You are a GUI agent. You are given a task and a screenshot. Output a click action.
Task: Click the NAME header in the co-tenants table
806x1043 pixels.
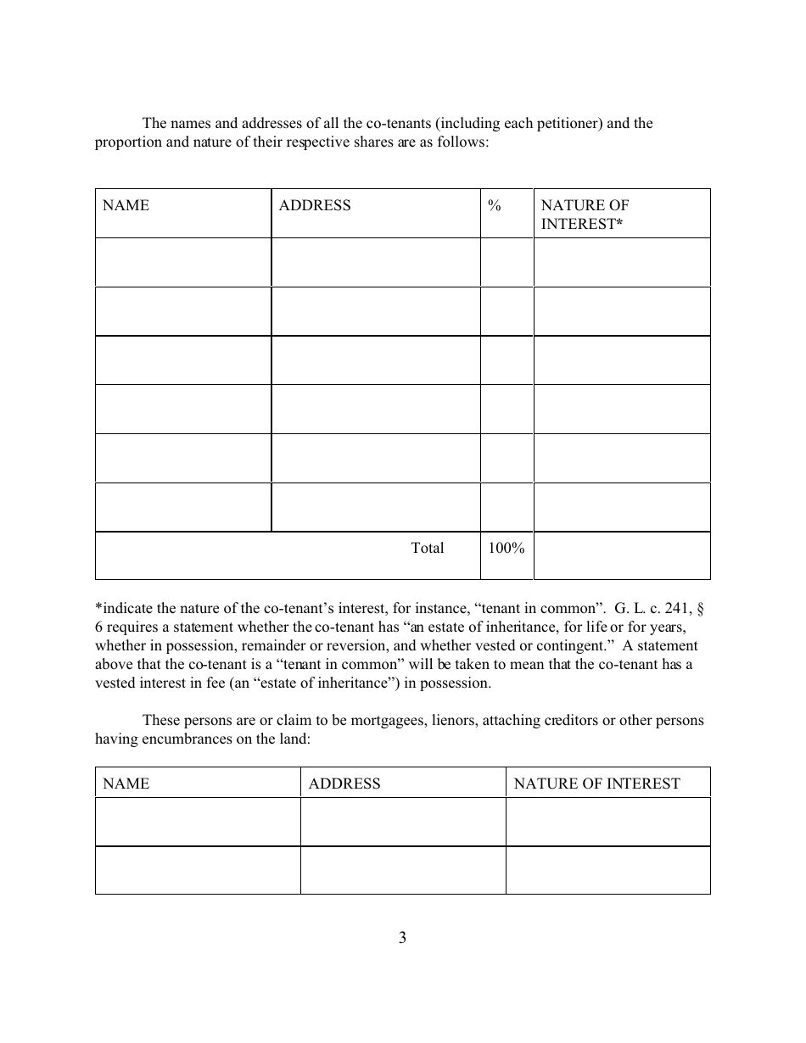click(126, 205)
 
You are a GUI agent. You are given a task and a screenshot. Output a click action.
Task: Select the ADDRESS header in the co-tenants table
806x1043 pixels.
click(315, 205)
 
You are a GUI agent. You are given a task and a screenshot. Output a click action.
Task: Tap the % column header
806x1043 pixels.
click(495, 205)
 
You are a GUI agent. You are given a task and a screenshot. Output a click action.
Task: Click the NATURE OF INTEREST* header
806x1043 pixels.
click(585, 215)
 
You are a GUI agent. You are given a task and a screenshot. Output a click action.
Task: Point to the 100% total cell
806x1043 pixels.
click(507, 548)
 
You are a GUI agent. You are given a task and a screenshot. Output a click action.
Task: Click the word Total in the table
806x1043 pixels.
click(428, 548)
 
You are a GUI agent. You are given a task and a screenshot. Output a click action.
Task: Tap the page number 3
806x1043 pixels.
click(402, 938)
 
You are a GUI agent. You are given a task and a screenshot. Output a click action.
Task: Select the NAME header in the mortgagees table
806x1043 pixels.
click(126, 784)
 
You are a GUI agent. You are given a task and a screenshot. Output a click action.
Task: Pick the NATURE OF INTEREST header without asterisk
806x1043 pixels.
click(597, 784)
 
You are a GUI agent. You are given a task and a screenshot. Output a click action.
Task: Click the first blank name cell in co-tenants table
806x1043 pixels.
click(183, 262)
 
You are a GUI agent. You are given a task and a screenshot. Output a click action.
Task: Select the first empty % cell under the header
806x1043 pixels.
click(507, 262)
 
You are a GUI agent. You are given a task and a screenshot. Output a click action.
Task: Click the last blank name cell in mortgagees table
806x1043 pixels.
click(198, 870)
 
